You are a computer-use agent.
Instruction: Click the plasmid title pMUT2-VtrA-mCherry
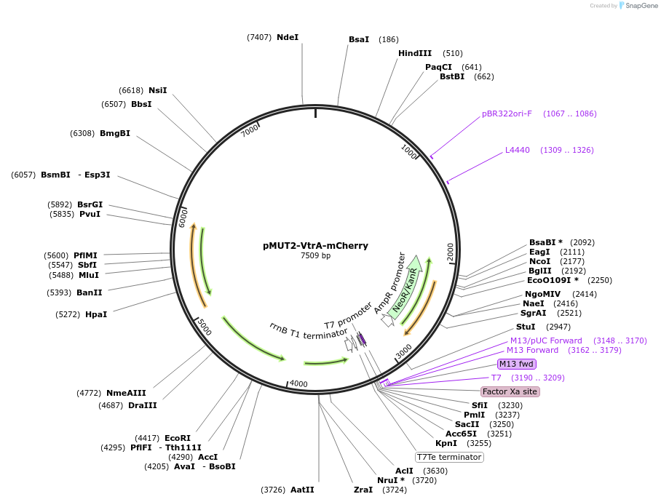pyautogui.click(x=315, y=246)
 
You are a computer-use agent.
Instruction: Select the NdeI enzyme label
pyautogui.click(x=288, y=37)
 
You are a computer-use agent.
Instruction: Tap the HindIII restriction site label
pyautogui.click(x=414, y=53)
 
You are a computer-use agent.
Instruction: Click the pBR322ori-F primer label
pyautogui.click(x=507, y=113)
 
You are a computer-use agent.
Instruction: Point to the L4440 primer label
pyautogui.click(x=518, y=150)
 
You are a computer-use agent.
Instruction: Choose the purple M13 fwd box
pyautogui.click(x=516, y=364)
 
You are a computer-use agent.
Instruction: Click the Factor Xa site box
pyautogui.click(x=510, y=391)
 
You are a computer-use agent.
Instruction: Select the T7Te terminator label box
pyautogui.click(x=449, y=457)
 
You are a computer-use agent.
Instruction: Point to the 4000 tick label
pyautogui.click(x=299, y=383)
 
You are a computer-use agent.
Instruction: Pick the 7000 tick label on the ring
pyautogui.click(x=250, y=130)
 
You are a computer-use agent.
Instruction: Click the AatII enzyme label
pyautogui.click(x=302, y=490)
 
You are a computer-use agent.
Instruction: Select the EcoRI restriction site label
pyautogui.click(x=178, y=438)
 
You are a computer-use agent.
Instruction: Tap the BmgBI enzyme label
pyautogui.click(x=115, y=133)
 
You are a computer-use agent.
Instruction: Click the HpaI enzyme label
pyautogui.click(x=96, y=314)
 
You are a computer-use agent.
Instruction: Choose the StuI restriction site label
pyautogui.click(x=525, y=327)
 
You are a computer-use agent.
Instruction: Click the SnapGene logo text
pyautogui.click(x=641, y=5)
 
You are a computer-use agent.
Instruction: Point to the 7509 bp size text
pyautogui.click(x=315, y=255)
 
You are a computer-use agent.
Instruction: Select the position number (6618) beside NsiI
pyautogui.click(x=131, y=90)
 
